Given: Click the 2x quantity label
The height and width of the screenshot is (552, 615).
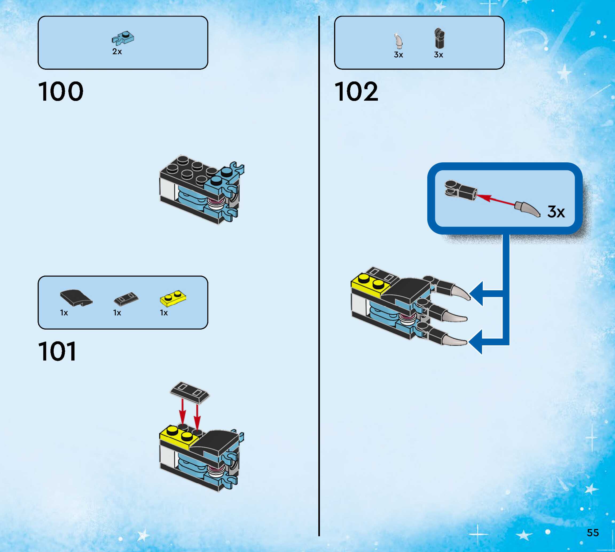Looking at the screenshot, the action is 117,52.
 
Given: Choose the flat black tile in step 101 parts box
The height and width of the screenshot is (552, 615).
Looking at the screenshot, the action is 126,299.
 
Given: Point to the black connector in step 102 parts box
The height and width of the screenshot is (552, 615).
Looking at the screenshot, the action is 439,38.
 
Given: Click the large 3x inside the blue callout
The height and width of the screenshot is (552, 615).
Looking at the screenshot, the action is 556,212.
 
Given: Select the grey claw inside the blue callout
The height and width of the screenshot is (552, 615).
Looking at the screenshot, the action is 528,209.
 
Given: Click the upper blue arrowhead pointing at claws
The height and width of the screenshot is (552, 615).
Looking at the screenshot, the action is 476,293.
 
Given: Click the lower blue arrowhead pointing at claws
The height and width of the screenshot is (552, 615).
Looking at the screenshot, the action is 476,342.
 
